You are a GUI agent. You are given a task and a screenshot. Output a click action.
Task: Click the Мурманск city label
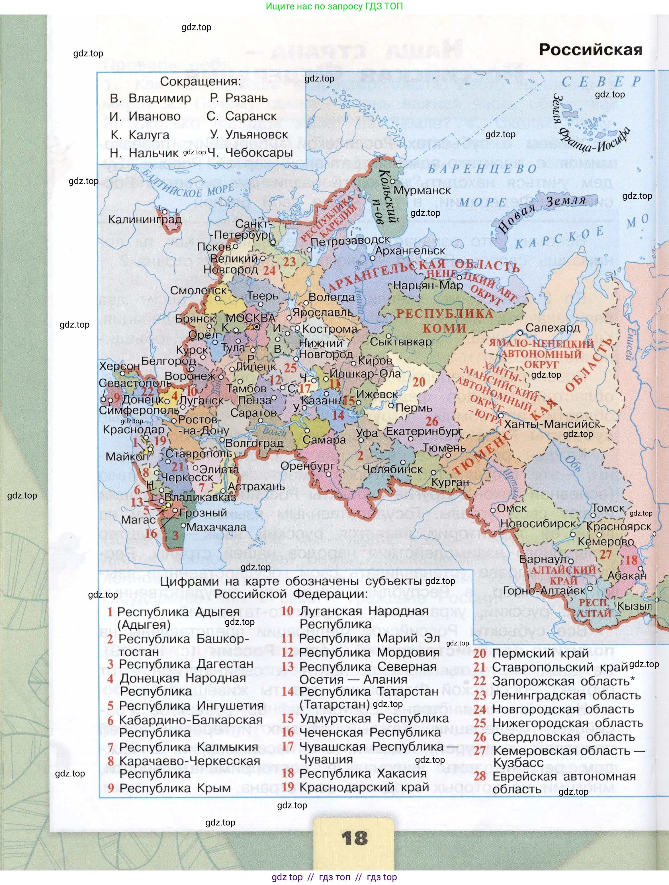422,191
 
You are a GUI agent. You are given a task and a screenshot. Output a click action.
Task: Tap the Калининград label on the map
145,219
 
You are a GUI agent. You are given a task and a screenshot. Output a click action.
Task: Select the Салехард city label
553,327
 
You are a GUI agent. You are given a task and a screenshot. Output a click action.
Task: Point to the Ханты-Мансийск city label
552,424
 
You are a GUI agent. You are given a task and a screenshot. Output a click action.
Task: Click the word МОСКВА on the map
250,318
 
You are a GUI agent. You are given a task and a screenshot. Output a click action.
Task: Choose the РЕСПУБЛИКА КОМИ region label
445,320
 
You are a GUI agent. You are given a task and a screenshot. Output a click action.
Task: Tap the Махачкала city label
216,527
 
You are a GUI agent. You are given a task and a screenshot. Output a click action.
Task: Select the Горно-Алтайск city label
544,590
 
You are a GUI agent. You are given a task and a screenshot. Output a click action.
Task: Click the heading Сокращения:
201,81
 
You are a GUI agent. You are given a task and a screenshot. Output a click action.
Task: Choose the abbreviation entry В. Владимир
150,98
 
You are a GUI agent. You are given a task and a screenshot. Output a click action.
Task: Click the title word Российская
590,50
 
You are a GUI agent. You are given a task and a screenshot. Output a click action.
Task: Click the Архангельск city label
410,251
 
